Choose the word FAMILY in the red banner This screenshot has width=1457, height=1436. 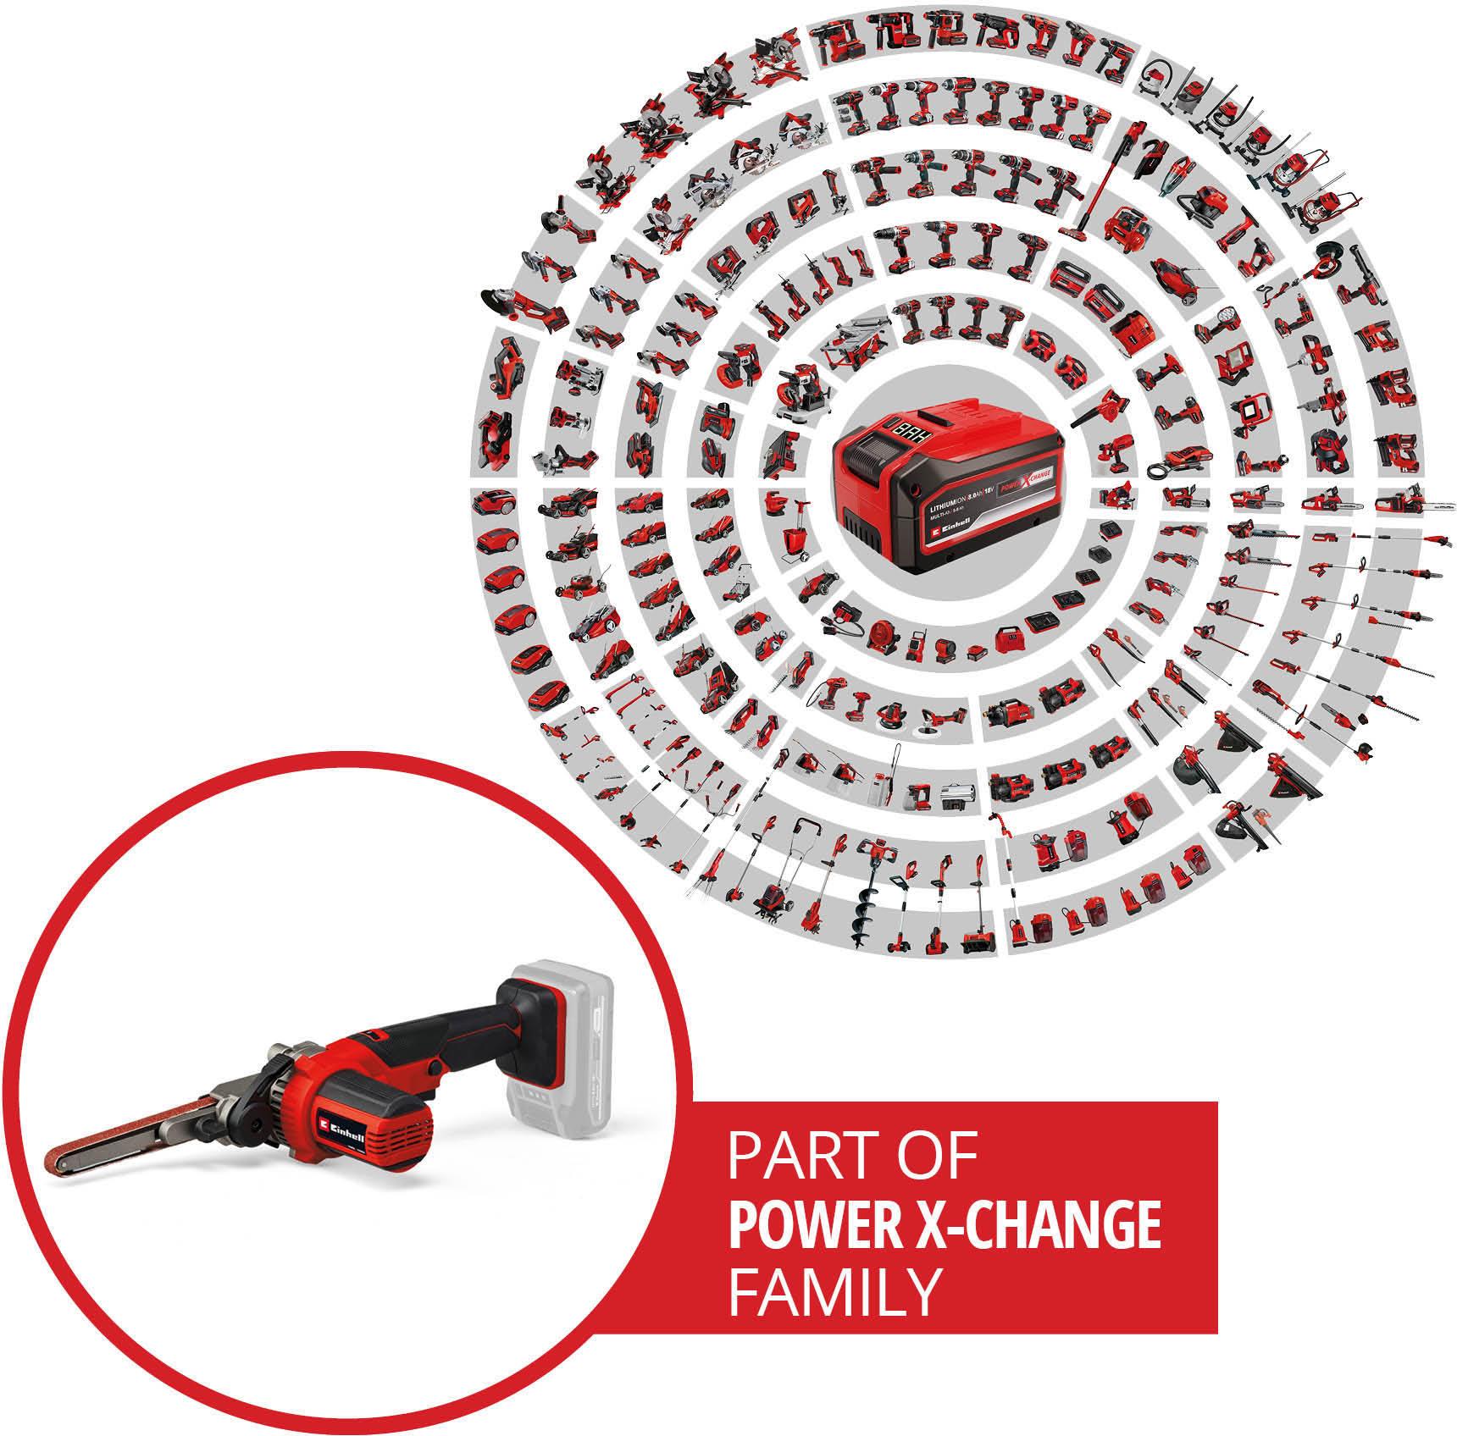pyautogui.click(x=835, y=1292)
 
